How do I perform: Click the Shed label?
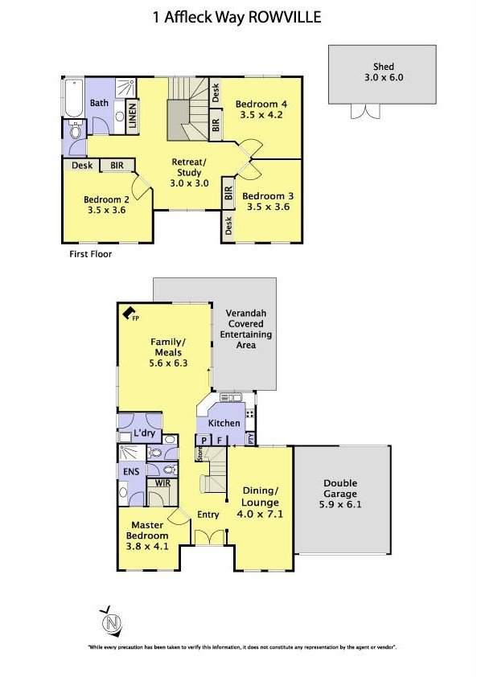384,67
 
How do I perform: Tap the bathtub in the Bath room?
73,98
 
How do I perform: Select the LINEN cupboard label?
132,115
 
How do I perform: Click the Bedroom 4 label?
261,104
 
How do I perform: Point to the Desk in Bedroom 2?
82,166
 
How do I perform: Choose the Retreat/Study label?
189,167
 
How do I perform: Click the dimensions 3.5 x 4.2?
261,115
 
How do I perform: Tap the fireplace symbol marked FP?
129,313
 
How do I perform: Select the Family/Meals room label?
168,347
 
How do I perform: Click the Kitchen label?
224,423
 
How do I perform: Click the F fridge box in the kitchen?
220,441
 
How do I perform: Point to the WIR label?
162,483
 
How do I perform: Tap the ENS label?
131,471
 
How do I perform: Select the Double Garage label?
340,488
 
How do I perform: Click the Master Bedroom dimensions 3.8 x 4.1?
147,546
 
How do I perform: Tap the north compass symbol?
112,623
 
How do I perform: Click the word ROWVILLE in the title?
284,17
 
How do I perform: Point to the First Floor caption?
90,254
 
